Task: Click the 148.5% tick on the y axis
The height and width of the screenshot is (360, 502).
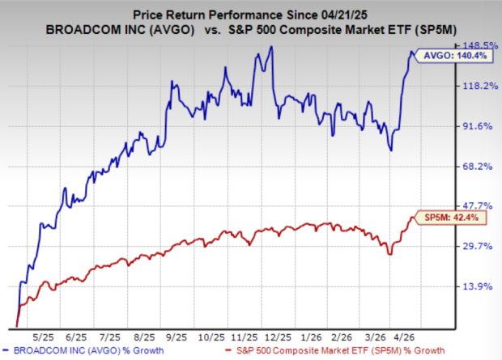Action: pos(476,45)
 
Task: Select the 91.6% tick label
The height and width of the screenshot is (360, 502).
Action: pos(476,126)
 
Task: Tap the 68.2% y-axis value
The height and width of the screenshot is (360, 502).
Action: pos(476,167)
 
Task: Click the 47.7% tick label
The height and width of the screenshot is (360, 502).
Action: pos(476,206)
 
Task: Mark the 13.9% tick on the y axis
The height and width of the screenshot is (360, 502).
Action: pos(476,287)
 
